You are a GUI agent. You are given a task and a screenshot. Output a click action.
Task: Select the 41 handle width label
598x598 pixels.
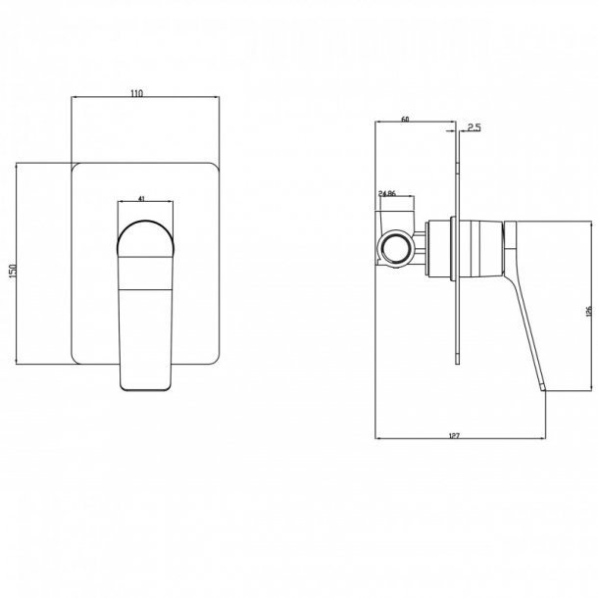[143, 199]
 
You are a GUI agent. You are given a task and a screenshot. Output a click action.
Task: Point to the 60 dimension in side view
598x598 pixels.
[405, 121]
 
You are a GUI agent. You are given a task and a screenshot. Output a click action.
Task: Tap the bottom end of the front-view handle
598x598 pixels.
[145, 387]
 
